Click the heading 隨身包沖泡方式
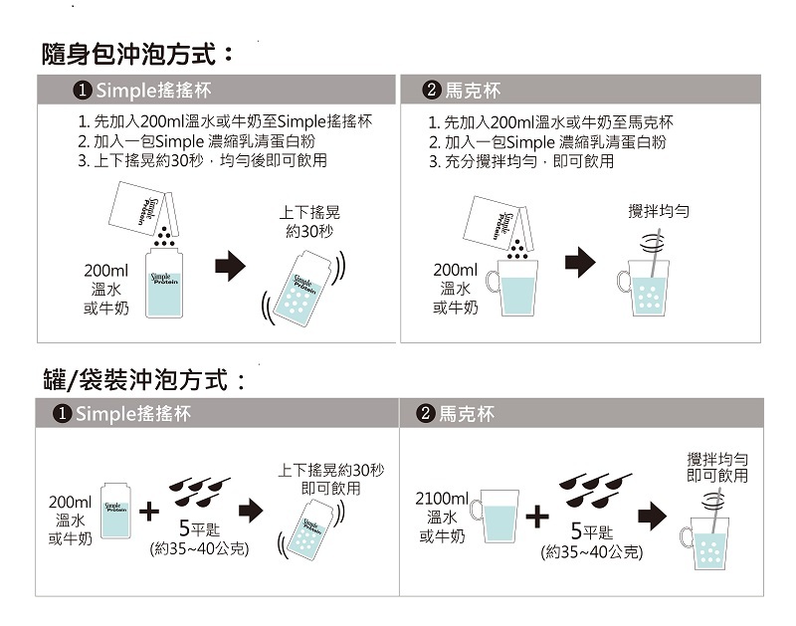point(138,52)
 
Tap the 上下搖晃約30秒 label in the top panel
point(309,222)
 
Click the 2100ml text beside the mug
point(442,498)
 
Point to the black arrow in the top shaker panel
point(230,266)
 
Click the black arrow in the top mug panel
point(579,263)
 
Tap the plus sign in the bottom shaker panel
point(149,512)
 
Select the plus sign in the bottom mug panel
point(536,516)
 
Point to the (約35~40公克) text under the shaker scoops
point(199,548)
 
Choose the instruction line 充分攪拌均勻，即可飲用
point(520,160)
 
